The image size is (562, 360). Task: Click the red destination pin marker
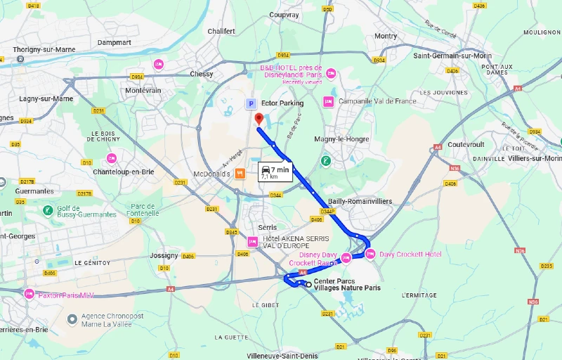point(259,119)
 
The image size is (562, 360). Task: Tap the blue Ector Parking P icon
point(250,103)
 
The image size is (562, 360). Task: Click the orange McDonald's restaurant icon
point(240,173)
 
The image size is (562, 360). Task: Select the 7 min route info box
point(274,172)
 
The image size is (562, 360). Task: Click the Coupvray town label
point(284,15)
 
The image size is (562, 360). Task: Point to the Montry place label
point(386,36)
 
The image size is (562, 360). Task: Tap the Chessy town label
point(201,74)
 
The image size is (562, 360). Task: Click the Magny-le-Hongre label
point(341,139)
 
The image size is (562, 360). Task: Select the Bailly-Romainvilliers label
point(360,201)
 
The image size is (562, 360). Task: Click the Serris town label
point(267,227)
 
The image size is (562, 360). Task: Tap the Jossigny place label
point(164,256)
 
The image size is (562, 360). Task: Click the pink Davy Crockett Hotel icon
point(370,254)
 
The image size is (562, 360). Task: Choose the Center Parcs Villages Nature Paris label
point(347,285)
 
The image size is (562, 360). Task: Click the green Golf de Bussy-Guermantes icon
point(47,210)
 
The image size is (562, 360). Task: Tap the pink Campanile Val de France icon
point(327,102)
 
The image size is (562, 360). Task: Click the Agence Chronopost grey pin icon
point(72,320)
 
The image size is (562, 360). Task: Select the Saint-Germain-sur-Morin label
point(452,56)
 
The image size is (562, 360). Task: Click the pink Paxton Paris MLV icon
point(29,295)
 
